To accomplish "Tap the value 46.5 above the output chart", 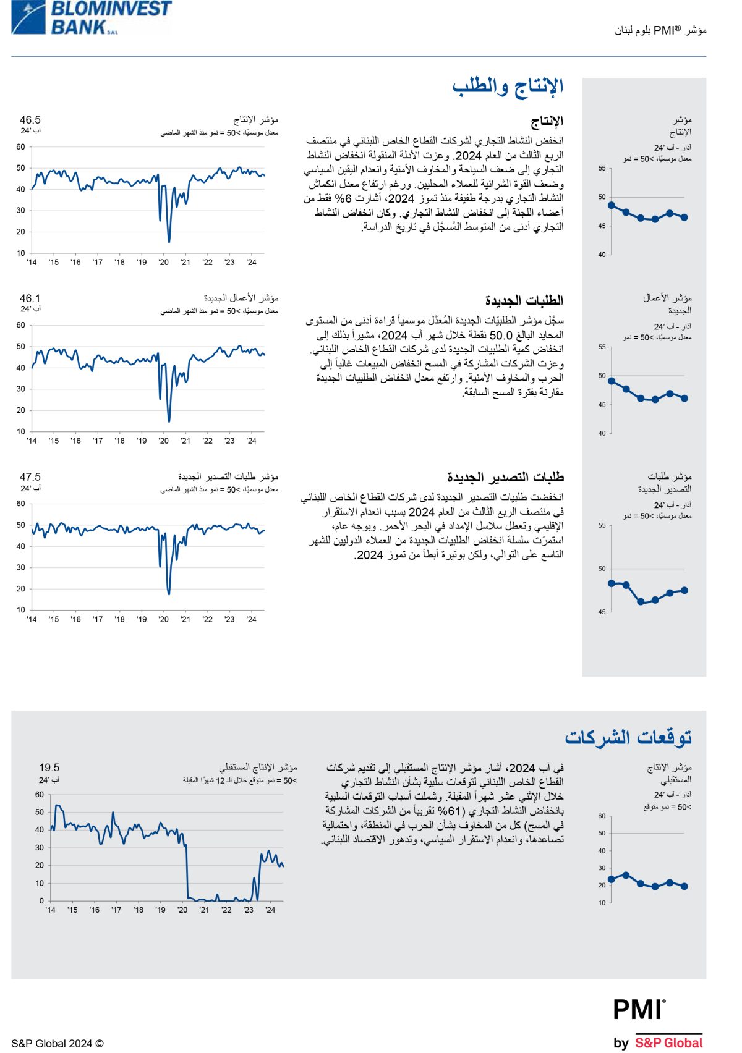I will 30,120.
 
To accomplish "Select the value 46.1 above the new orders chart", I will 30,298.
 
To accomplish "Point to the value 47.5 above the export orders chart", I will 30,477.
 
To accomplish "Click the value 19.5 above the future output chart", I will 49,768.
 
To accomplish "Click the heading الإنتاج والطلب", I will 508,87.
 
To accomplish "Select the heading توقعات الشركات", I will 628,737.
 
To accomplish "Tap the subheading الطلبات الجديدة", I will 524,300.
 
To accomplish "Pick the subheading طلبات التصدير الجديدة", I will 505,478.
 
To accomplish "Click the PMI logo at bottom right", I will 639,1010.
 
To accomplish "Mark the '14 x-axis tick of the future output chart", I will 50,910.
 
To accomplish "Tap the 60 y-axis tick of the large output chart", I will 21,147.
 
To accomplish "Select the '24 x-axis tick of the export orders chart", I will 251,619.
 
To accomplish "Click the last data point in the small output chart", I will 684,218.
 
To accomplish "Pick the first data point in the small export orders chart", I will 612,583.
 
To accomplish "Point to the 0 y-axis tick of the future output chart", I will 41,900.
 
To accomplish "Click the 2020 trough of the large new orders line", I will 169,421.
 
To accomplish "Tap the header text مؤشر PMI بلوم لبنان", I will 660,30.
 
